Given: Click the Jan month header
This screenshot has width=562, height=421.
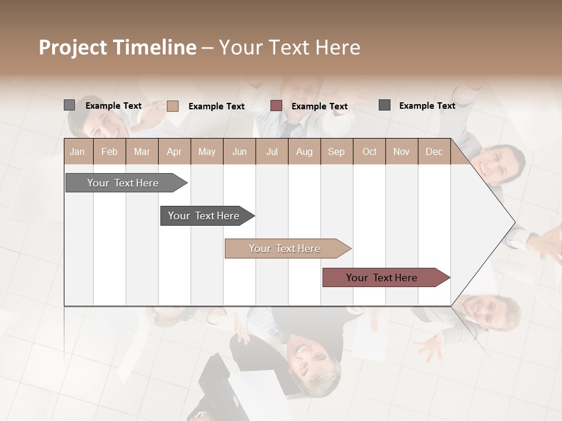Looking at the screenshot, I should click(77, 151).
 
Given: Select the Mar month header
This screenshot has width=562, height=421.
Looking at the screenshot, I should click(142, 151).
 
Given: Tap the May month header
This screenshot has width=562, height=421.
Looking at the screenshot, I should click(207, 151).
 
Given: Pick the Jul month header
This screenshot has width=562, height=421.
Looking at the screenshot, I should click(272, 151).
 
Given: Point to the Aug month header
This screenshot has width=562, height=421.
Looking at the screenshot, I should click(304, 151).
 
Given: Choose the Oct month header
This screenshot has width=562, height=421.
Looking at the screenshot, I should click(369, 151).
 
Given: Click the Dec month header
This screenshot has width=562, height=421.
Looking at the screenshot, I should click(434, 151).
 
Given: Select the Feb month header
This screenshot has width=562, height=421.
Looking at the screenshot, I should click(109, 151).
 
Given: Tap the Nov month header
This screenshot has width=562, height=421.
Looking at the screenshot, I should click(401, 151).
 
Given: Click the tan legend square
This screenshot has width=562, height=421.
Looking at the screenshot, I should click(172, 106).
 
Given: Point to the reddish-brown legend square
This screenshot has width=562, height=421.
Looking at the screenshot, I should click(276, 106).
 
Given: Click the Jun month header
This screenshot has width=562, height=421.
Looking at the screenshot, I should click(239, 151).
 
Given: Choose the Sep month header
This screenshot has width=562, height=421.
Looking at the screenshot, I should click(336, 151).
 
